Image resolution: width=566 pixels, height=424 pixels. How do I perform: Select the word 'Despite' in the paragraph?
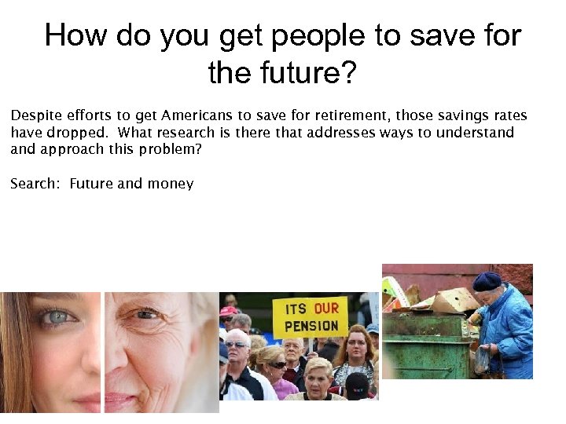click(34, 116)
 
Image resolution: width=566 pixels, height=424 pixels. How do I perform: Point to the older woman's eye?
click(147, 315)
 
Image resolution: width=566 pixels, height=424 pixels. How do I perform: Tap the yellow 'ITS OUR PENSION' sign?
click(311, 316)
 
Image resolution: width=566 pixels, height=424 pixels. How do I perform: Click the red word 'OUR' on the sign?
click(325, 309)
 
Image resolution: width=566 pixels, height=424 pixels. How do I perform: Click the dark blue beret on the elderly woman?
click(487, 281)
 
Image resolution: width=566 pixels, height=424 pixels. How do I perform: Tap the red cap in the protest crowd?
click(229, 311)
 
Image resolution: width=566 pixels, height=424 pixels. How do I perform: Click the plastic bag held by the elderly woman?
click(481, 360)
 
